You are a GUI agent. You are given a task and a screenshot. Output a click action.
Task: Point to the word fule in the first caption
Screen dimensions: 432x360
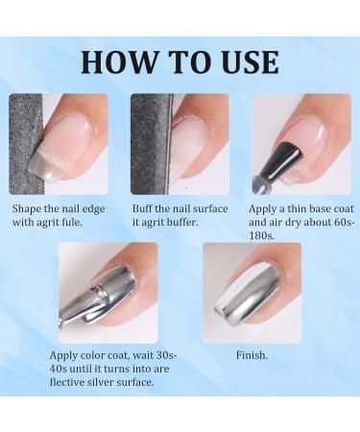[x=82, y=221]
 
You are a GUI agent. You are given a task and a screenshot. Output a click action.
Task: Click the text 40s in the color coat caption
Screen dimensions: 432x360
[x=60, y=369]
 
